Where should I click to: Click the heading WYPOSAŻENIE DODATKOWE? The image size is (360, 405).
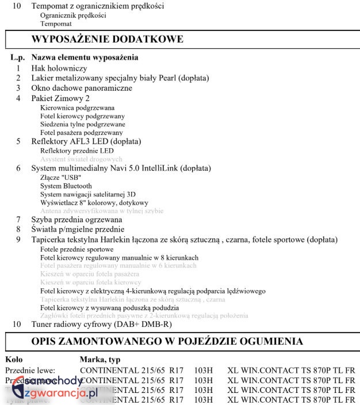[107, 39]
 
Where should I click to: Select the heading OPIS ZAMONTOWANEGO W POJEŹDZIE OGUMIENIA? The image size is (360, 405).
[175, 341]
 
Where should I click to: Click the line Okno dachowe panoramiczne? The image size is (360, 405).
[82, 88]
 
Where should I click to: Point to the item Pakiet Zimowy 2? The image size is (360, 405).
[60, 98]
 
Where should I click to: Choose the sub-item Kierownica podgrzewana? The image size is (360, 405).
[77, 107]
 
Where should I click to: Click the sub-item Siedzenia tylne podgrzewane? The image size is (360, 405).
[82, 124]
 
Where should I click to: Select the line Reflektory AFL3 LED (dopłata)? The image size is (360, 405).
[86, 141]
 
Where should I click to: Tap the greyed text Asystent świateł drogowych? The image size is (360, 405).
[81, 159]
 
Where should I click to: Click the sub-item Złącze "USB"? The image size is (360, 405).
[61, 178]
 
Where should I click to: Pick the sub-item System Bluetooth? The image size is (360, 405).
[66, 186]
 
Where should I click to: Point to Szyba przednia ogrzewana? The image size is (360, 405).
[76, 219]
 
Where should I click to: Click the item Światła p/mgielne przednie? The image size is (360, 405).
[78, 229]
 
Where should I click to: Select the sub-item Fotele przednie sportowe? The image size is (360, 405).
[76, 249]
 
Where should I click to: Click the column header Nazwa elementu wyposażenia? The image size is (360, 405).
[85, 57]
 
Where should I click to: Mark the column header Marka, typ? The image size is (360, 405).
[99, 359]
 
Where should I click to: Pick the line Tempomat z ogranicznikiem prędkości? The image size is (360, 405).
[97, 6]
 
